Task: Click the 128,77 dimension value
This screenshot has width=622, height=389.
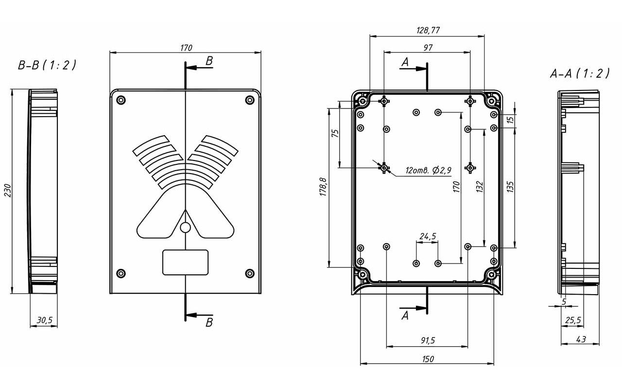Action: click(428, 30)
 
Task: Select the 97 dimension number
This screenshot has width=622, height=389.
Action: click(428, 48)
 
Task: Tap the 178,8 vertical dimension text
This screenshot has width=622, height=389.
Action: click(324, 187)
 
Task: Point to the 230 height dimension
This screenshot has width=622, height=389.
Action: click(8, 191)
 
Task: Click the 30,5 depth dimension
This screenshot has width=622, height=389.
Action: click(45, 320)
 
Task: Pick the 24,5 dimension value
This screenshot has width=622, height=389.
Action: click(428, 236)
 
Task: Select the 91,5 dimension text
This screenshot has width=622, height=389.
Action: click(428, 340)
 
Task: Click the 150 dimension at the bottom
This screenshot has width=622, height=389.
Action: click(428, 359)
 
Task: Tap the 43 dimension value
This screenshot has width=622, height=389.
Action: click(581, 339)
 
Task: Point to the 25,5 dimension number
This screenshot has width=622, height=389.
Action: click(573, 320)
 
